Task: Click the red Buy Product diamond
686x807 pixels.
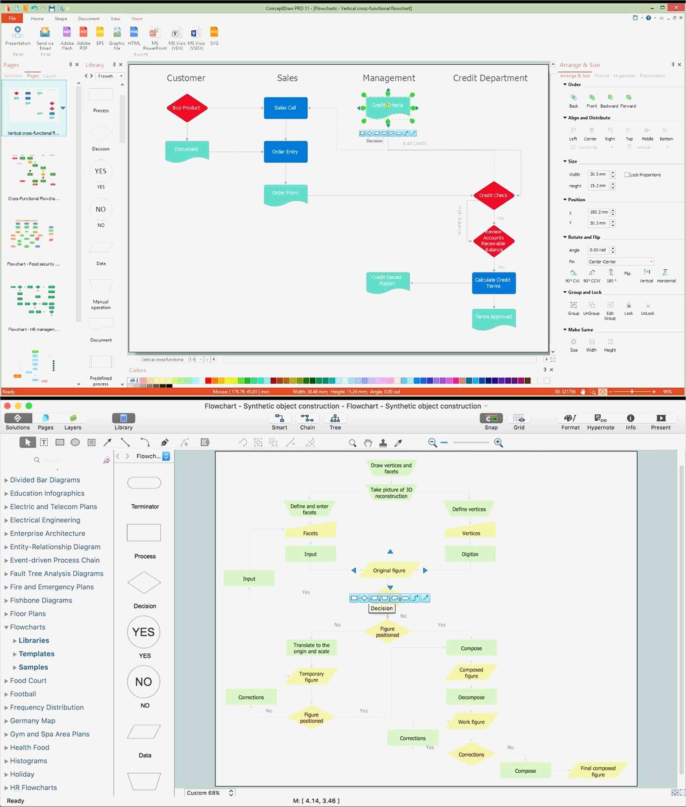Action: (x=187, y=108)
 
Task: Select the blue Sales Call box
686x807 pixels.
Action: (x=286, y=108)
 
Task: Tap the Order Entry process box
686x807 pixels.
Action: (x=286, y=152)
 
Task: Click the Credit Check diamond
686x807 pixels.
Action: (x=494, y=196)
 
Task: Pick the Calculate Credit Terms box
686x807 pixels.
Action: (x=494, y=283)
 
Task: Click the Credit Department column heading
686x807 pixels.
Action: (x=490, y=78)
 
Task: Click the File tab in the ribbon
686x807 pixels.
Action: (x=12, y=18)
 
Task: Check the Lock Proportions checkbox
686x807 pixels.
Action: (x=627, y=175)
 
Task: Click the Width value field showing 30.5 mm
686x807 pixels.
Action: (x=598, y=175)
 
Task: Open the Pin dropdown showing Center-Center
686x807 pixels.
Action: (x=620, y=262)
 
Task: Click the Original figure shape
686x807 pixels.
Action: (x=389, y=571)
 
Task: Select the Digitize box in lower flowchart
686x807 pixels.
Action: (x=470, y=554)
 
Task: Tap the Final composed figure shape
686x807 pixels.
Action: (x=598, y=771)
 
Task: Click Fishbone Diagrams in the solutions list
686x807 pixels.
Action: (x=41, y=601)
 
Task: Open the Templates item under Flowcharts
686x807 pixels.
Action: (x=36, y=654)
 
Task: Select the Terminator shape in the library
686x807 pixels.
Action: (x=144, y=483)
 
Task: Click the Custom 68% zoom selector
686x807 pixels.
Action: (x=210, y=793)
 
